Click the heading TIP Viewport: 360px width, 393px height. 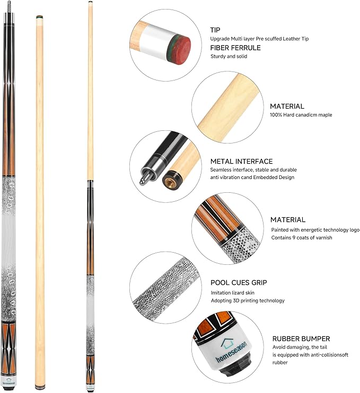pos(215,30)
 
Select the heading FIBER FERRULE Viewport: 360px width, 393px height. pos(236,48)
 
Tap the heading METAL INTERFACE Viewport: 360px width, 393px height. pos(241,161)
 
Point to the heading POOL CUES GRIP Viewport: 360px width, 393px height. pos(239,283)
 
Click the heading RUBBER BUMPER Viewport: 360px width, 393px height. pos(301,338)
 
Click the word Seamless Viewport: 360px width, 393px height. pos(222,169)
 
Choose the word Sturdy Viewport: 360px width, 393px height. pos(219,56)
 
